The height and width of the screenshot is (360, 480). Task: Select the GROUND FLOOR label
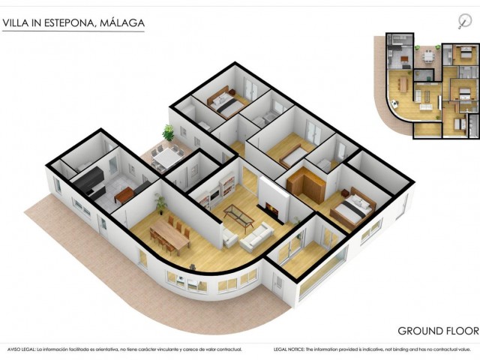point(437,331)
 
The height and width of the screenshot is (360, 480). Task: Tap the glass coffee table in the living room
point(238,217)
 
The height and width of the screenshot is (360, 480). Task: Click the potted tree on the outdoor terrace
point(168,133)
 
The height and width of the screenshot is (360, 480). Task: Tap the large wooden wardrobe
point(305,182)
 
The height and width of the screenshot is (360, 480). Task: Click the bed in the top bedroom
point(223,103)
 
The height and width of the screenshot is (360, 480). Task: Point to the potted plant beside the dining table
point(160,203)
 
